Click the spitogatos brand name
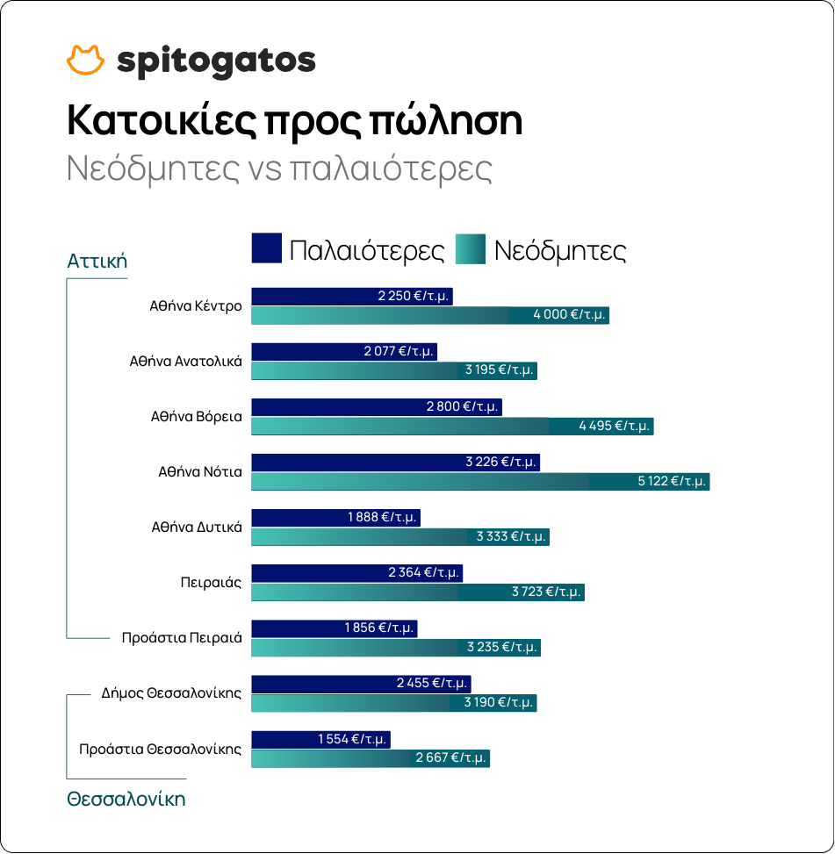pyautogui.click(x=215, y=61)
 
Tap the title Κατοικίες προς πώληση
pyautogui.click(x=294, y=121)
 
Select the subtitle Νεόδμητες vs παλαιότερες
pyautogui.click(x=279, y=169)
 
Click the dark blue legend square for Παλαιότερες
pyautogui.click(x=266, y=248)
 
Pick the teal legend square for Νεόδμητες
pyautogui.click(x=471, y=248)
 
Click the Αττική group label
pyautogui.click(x=97, y=261)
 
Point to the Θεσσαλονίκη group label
pyautogui.click(x=126, y=800)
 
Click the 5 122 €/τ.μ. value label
pyautogui.click(x=673, y=481)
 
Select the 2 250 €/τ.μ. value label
pyautogui.click(x=414, y=296)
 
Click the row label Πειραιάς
pyautogui.click(x=211, y=582)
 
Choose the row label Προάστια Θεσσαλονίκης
pyautogui.click(x=160, y=749)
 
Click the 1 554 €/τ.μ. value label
pyautogui.click(x=353, y=739)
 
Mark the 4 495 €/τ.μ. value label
pyautogui.click(x=615, y=426)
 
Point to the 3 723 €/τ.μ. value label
pyautogui.click(x=546, y=592)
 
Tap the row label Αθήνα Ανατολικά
pyautogui.click(x=185, y=361)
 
